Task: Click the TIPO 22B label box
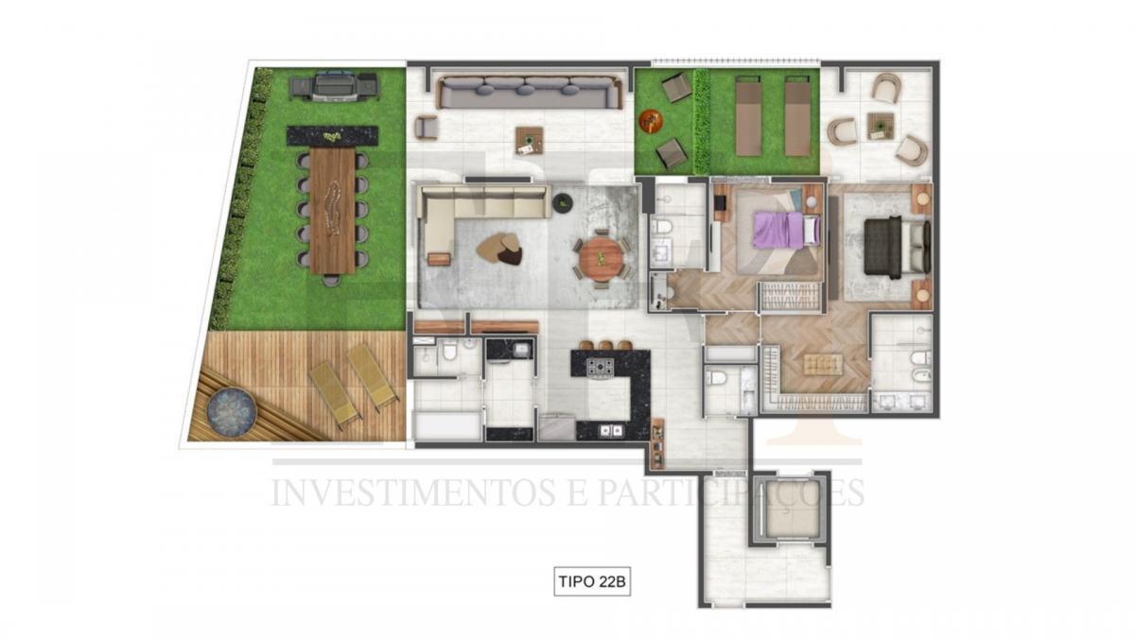592,581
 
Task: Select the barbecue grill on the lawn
333,88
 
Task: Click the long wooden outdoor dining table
332,210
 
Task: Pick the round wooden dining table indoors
602,260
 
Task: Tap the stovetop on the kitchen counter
601,367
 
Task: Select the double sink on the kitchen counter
611,430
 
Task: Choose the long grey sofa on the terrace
529,93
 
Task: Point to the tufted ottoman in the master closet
824,365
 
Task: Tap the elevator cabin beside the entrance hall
791,508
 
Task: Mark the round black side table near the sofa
563,202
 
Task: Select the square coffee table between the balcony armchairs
881,126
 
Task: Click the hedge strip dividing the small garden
702,122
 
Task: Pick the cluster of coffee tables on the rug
499,249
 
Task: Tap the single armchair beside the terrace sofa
427,128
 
